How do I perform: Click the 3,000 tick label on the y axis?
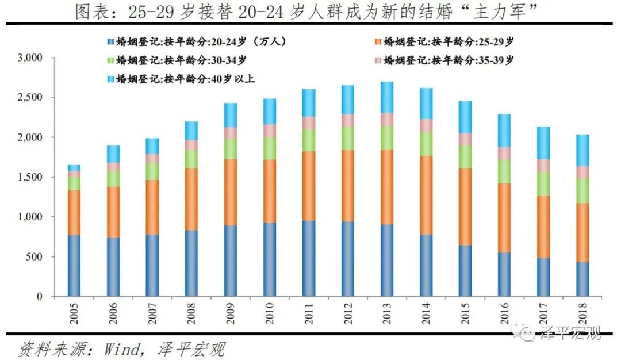29,58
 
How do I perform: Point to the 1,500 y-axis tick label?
29,177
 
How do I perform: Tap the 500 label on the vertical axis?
34,256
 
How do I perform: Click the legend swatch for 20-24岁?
110,42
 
